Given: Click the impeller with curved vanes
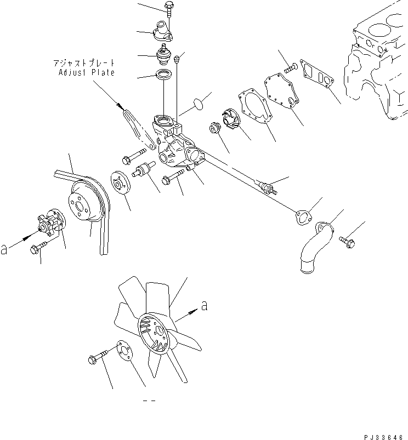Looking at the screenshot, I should [x=229, y=121].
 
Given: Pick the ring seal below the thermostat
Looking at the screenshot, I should [x=163, y=76].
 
